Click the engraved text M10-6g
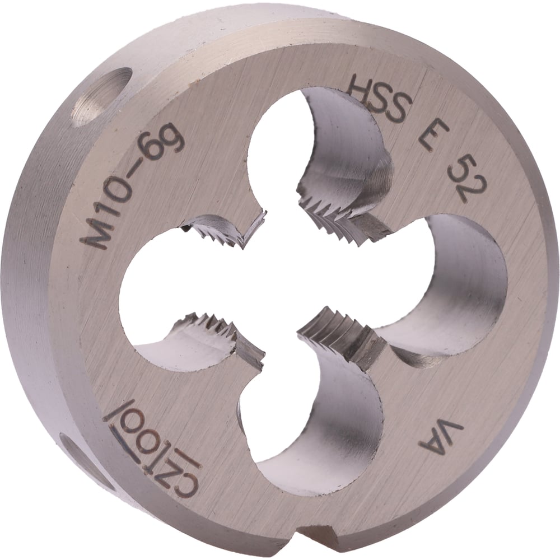[132, 186]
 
